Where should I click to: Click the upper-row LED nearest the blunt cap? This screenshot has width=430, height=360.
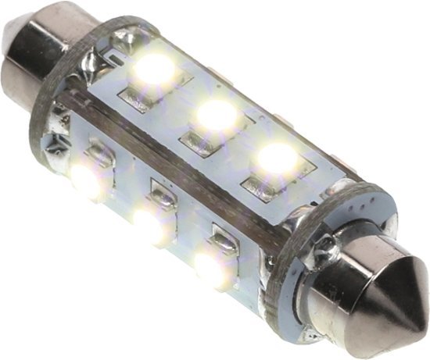[155, 69]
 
